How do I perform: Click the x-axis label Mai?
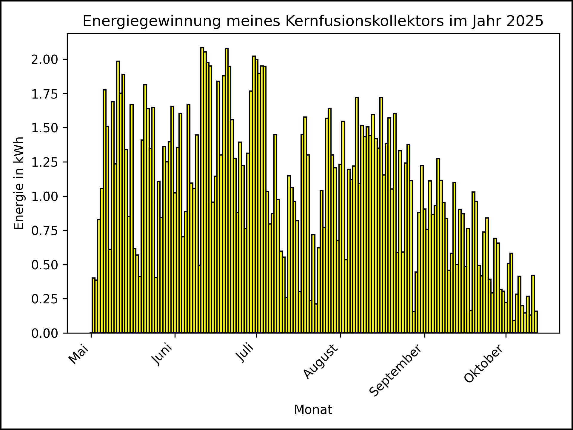coord(78,354)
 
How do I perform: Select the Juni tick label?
coord(162,354)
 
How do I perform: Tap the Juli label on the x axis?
coord(245,353)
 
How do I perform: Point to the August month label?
coord(321,361)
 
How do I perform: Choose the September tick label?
coord(396,371)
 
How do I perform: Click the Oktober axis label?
coord(484,364)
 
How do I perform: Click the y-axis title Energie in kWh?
coord(19,183)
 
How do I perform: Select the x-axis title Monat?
coord(313,410)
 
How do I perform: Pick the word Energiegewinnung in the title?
coord(152,21)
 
